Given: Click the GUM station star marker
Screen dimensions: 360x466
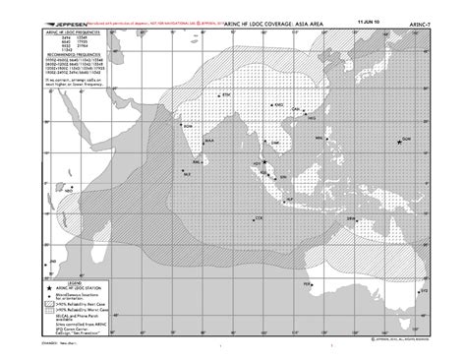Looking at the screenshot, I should tap(402, 142).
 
